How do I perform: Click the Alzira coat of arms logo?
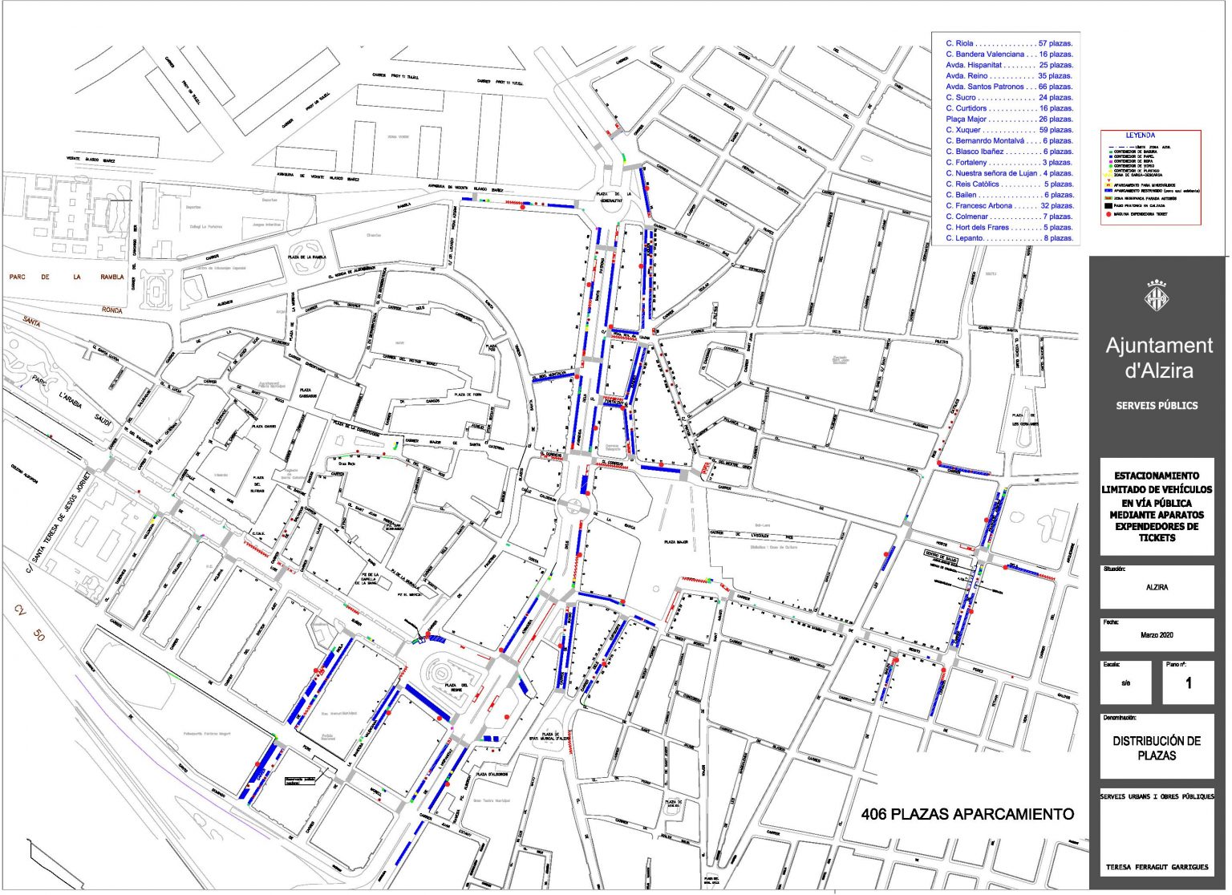pos(1156,297)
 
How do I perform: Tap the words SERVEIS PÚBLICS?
pos(1157,406)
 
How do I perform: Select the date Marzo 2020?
pos(1157,635)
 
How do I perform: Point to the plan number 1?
pos(1189,683)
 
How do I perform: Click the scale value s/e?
pos(1125,683)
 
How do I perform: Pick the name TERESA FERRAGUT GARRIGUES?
pos(1157,867)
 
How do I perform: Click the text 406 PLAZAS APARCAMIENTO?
pos(967,815)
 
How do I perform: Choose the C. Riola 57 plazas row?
pos(1008,43)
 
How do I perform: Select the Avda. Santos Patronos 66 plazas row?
pos(1008,87)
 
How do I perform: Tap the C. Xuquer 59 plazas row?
pos(1008,130)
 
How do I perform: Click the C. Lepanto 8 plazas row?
pos(1008,238)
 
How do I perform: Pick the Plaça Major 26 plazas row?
pos(1008,119)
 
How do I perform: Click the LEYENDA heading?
pos(1140,136)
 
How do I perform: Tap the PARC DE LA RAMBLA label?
pos(67,277)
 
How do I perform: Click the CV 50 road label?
pos(29,623)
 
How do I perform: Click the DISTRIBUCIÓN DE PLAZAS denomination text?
pos(1157,748)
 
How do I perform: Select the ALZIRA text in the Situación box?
pos(1157,588)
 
